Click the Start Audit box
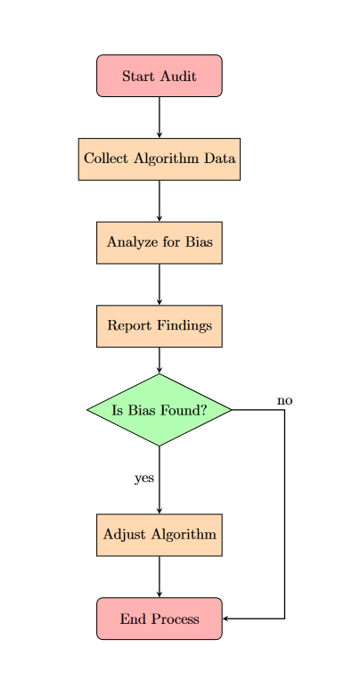pyautogui.click(x=159, y=76)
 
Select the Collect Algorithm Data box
pyautogui.click(x=159, y=159)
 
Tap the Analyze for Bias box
pyautogui.click(x=159, y=242)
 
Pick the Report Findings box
pyautogui.click(x=159, y=325)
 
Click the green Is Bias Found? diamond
pyautogui.click(x=159, y=410)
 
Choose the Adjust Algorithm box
pyautogui.click(x=159, y=535)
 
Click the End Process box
pyautogui.click(x=159, y=619)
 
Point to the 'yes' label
pyautogui.click(x=144, y=478)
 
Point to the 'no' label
pyautogui.click(x=284, y=400)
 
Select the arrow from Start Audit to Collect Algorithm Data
pyautogui.click(x=159, y=117)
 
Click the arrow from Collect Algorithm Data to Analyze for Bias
pyautogui.click(x=159, y=201)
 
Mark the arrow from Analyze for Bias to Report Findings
pyautogui.click(x=159, y=284)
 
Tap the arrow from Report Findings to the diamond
pyautogui.click(x=159, y=360)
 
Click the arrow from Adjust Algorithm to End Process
pyautogui.click(x=159, y=577)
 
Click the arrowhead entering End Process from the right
pyautogui.click(x=226, y=619)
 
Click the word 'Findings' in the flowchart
pyautogui.click(x=183, y=325)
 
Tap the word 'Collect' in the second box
pyautogui.click(x=104, y=159)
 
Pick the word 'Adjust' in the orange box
pyautogui.click(x=124, y=535)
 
